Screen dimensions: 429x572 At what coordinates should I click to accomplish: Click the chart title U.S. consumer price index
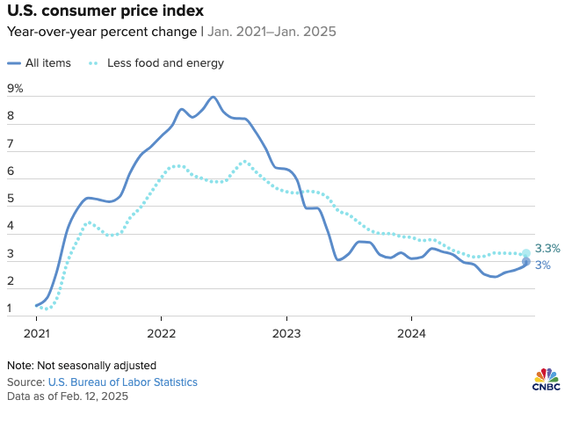(x=105, y=11)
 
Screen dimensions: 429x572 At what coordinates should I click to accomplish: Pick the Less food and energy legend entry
(x=164, y=63)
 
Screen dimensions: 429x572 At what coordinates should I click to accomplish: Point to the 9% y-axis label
(x=15, y=89)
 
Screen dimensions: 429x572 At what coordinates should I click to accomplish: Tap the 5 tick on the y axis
(x=11, y=199)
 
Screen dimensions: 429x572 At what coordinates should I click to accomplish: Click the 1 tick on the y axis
(x=11, y=309)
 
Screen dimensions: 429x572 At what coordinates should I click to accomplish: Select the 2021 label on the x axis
(x=36, y=333)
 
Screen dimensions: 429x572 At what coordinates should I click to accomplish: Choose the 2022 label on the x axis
(x=162, y=333)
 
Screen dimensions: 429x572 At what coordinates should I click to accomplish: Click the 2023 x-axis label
(x=286, y=333)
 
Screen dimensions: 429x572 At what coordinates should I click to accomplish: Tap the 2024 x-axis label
(x=411, y=333)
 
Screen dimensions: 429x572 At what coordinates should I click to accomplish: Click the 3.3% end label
(x=547, y=249)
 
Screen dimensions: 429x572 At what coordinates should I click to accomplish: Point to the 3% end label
(x=542, y=265)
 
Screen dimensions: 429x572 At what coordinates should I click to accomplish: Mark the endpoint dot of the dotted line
(x=526, y=253)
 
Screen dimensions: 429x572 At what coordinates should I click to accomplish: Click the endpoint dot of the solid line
(x=526, y=262)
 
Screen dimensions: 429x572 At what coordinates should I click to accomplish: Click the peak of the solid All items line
(x=214, y=97)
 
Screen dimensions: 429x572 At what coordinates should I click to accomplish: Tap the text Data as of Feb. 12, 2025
(x=67, y=396)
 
